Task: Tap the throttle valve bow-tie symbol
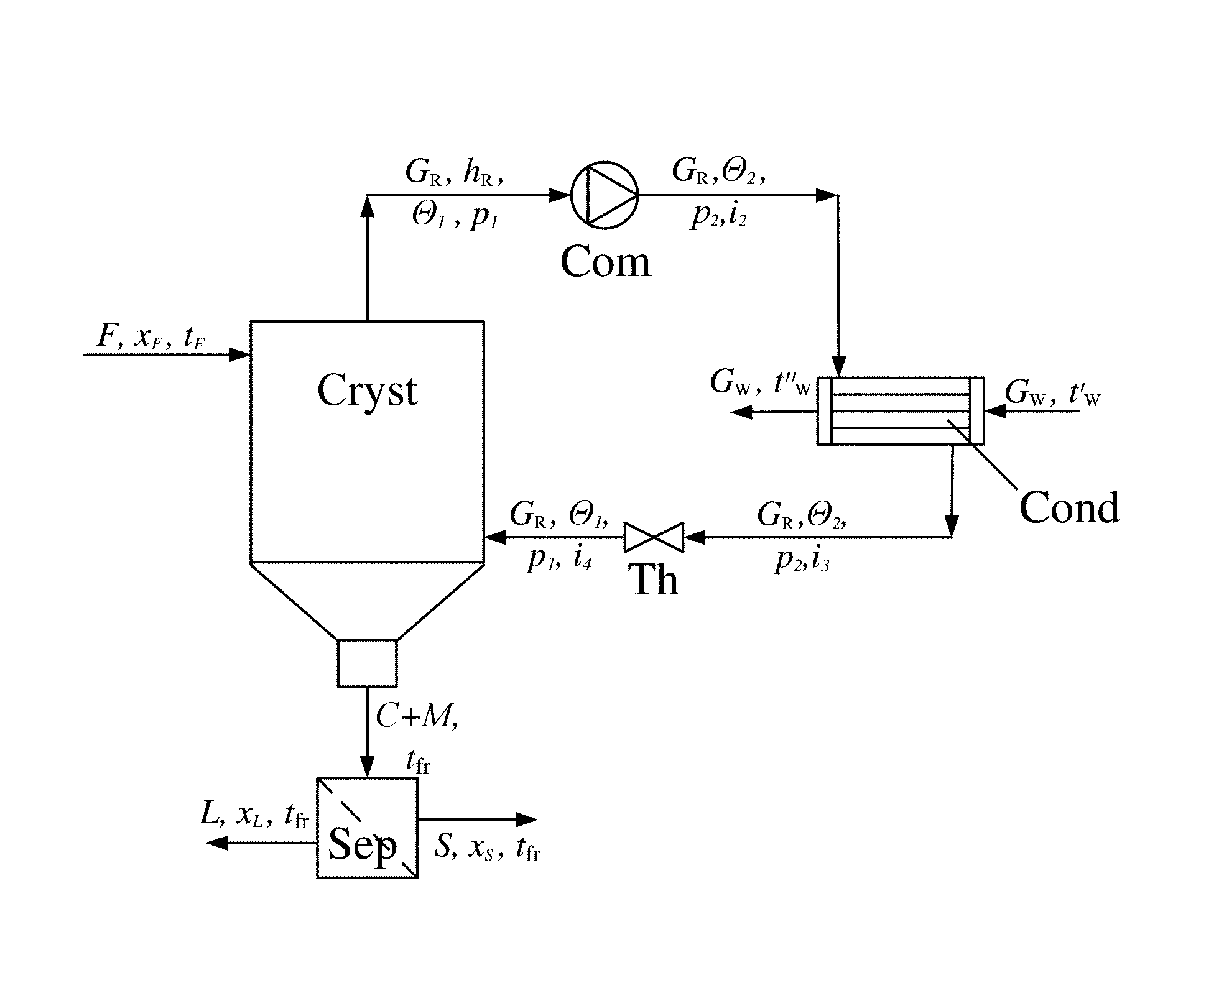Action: click(654, 537)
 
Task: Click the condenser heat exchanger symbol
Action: click(901, 411)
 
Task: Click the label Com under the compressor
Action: click(605, 262)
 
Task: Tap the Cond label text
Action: click(1070, 507)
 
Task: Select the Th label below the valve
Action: click(656, 580)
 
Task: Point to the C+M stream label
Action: click(417, 718)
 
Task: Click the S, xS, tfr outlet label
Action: click(487, 848)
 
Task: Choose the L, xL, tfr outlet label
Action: click(254, 815)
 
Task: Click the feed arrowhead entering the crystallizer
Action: click(240, 354)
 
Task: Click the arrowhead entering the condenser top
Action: click(838, 366)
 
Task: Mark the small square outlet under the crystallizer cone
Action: click(367, 663)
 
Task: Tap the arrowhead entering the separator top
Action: click(368, 767)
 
